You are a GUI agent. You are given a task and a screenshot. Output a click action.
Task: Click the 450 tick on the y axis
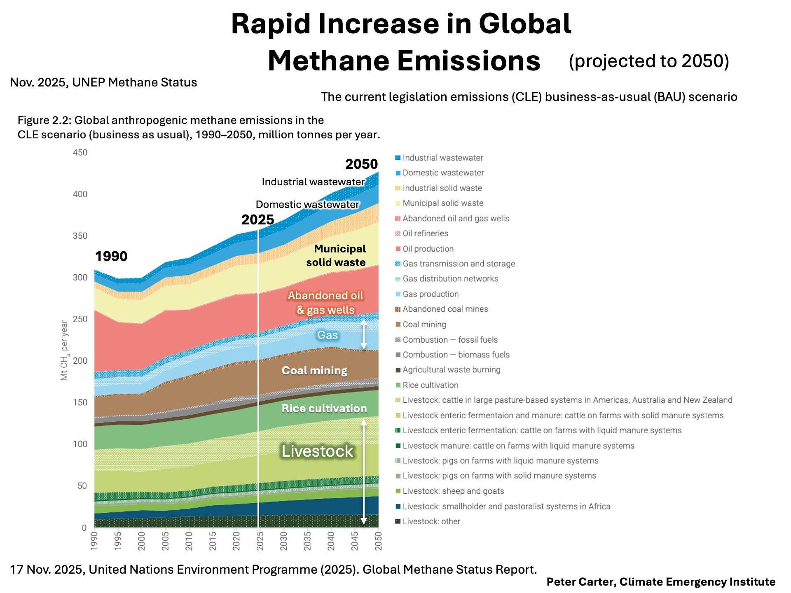tap(80, 153)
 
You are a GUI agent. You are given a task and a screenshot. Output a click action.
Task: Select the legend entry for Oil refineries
tap(425, 233)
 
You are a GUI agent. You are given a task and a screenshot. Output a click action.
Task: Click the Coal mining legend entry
tap(424, 325)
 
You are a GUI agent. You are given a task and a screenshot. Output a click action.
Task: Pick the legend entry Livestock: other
tap(431, 521)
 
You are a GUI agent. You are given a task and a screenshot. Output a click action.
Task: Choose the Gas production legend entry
tap(430, 294)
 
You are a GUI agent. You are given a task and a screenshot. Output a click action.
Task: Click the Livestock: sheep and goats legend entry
tap(453, 491)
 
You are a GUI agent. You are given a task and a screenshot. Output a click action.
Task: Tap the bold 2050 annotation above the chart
tap(361, 164)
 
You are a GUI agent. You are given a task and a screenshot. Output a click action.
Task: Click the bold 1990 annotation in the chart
tap(111, 257)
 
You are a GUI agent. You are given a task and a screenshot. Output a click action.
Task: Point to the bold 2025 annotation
tap(257, 220)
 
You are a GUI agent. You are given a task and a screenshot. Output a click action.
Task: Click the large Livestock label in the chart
tap(317, 451)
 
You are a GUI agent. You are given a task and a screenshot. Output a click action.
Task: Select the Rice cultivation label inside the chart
tap(324, 409)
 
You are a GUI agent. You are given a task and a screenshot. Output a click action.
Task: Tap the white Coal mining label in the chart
tap(314, 371)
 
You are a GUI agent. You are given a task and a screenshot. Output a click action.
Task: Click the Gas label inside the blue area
tap(328, 335)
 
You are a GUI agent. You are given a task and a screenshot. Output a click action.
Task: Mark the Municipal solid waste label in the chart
tap(336, 255)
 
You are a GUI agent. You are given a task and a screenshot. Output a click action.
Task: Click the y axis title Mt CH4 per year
tap(64, 350)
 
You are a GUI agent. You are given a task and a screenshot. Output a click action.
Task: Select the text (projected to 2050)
tap(648, 61)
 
